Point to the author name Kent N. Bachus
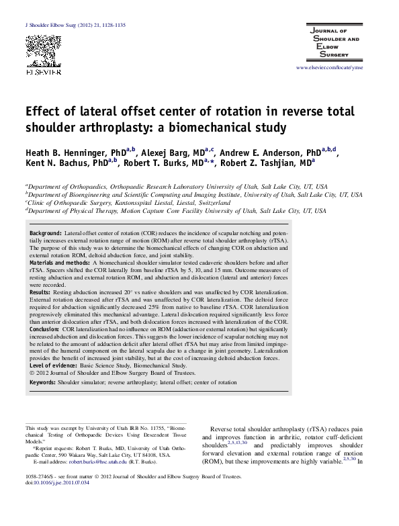coord(55,163)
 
